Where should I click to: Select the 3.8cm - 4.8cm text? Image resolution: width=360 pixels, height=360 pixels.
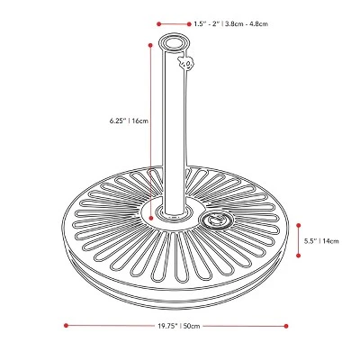[x=247, y=24]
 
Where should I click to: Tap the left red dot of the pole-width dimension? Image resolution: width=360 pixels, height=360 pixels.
[x=157, y=24]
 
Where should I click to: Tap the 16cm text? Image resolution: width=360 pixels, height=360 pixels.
[x=138, y=120]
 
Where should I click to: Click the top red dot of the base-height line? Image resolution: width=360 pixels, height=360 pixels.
[x=297, y=214]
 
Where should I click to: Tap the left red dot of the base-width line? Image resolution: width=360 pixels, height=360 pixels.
[x=67, y=324]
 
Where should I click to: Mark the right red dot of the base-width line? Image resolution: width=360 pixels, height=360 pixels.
[x=287, y=324]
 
